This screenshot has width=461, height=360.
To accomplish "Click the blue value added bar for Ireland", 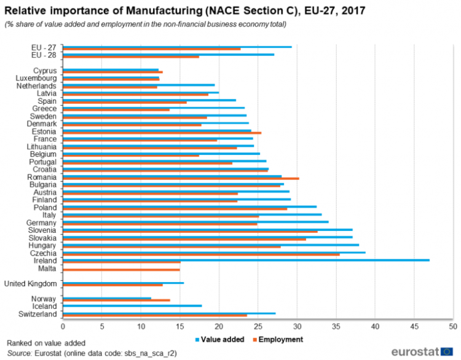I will pyautogui.click(x=246, y=260).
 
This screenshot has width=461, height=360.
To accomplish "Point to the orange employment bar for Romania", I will pyautogui.click(x=181, y=179).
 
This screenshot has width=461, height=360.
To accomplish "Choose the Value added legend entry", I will pyautogui.click(x=219, y=339).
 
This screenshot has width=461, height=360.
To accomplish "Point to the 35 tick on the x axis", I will pyautogui.click(x=336, y=326).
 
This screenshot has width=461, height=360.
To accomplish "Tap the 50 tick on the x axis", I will pyautogui.click(x=453, y=326).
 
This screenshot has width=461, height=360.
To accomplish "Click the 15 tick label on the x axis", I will pyautogui.click(x=180, y=326).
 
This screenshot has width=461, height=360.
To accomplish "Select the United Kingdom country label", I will pyautogui.click(x=30, y=283).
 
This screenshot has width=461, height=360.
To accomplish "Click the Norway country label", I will pyautogui.click(x=45, y=299).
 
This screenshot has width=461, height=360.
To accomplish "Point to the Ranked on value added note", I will pyautogui.click(x=46, y=342).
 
